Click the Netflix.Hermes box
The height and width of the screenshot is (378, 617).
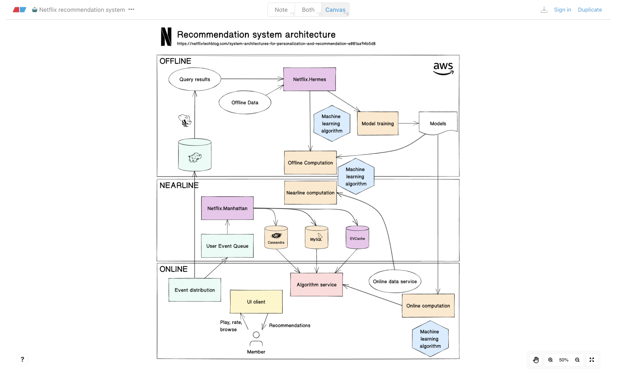pos(309,79)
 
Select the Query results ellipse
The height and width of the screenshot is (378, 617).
pos(195,79)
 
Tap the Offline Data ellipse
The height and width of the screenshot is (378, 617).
pos(245,102)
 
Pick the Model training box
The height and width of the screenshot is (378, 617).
pos(378,124)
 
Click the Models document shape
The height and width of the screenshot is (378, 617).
pos(438,123)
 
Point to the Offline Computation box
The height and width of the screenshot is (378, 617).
pos(310,163)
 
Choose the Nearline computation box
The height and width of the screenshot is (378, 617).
pos(310,193)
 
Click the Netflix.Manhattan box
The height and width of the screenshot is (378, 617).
pos(227,208)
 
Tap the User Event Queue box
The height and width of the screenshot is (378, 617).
pos(227,246)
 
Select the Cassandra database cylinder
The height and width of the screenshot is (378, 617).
pos(276,238)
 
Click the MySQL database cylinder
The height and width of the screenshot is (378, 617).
pos(316,238)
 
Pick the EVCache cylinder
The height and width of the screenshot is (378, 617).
pos(357,238)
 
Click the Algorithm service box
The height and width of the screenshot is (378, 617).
pos(316,285)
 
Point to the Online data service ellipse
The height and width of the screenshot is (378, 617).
pos(395,281)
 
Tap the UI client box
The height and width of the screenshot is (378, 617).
pos(256,302)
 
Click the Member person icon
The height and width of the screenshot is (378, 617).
pos(256,339)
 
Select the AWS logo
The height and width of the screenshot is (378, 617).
pos(443,69)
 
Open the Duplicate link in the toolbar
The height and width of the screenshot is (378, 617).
pos(590,10)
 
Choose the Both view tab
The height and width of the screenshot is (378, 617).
pos(308,10)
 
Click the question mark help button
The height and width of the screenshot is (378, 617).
pos(22,359)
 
